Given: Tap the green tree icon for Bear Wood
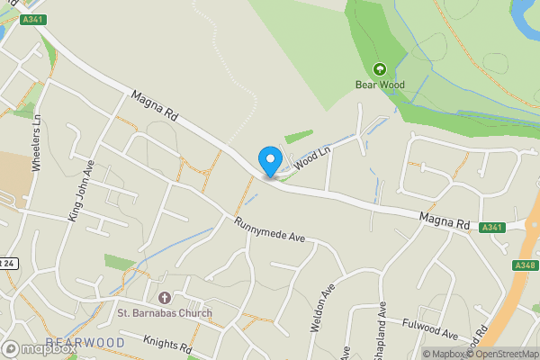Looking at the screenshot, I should [379, 68].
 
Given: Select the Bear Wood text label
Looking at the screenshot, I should [379, 85].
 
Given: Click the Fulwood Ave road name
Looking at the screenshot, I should [432, 323].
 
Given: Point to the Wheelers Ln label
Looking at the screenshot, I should [37, 143].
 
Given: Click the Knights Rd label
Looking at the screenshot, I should [168, 344].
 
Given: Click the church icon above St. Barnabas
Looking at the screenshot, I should [164, 298].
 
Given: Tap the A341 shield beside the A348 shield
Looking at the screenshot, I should [491, 228].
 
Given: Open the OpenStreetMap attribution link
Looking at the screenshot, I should [506, 354].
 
